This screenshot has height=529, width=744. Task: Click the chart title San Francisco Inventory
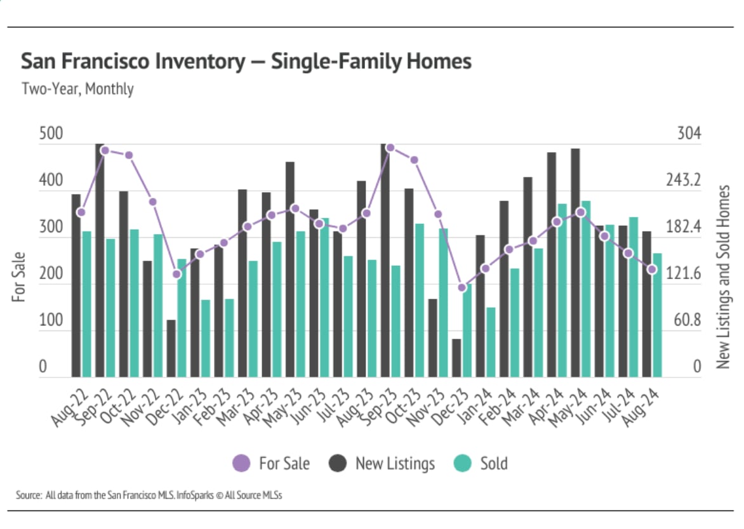[x=246, y=62]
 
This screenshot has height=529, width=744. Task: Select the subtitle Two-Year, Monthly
[x=77, y=89]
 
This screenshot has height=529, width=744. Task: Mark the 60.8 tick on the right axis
[x=688, y=321]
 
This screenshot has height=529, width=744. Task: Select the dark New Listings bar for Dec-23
[x=456, y=358]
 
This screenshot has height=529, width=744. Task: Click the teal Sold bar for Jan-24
[x=491, y=343]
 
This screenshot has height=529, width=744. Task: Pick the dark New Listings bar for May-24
[x=575, y=263]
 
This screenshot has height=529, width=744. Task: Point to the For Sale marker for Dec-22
[x=177, y=274]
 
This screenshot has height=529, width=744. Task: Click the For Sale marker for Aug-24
[x=652, y=270]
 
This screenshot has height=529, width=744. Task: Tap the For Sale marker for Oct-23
[x=415, y=160]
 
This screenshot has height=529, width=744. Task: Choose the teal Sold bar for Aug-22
[x=86, y=304]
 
